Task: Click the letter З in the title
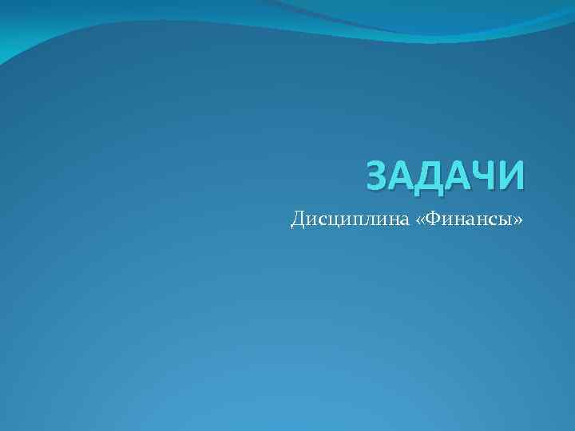click(x=379, y=176)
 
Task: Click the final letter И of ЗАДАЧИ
click(x=513, y=176)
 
